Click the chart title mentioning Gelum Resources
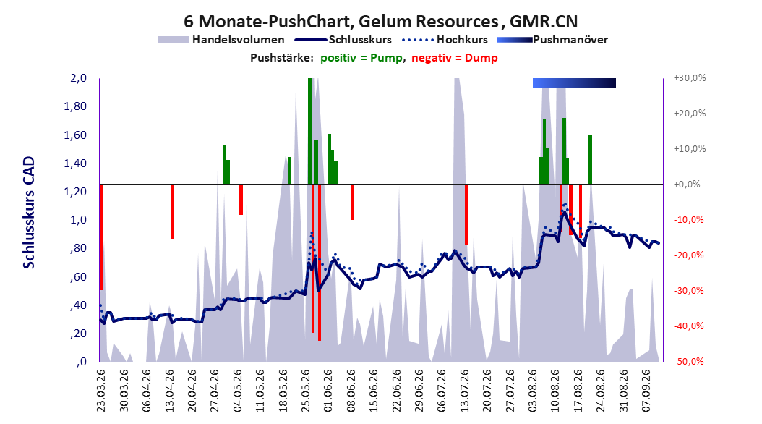pyautogui.click(x=380, y=22)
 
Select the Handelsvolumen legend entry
pyautogui.click(x=221, y=40)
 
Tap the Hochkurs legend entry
pyautogui.click(x=445, y=40)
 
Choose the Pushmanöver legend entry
pyautogui.click(x=552, y=40)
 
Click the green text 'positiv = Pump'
pyautogui.click(x=361, y=58)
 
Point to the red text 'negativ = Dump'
pyautogui.click(x=455, y=58)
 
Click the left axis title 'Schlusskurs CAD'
pyautogui.click(x=29, y=213)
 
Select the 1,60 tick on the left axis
pyautogui.click(x=75, y=135)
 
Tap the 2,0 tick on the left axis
pyautogui.click(x=78, y=78)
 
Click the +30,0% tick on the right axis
pyautogui.click(x=690, y=78)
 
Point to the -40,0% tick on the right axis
pyautogui.click(x=688, y=326)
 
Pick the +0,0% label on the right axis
pyautogui.click(x=687, y=185)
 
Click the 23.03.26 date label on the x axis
pyautogui.click(x=100, y=391)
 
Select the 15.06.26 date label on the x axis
pyautogui.click(x=373, y=391)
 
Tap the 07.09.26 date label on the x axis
pyautogui.click(x=646, y=391)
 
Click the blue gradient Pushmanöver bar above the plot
pyautogui.click(x=575, y=82)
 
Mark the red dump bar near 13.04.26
pyautogui.click(x=173, y=212)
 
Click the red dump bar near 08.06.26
pyautogui.click(x=352, y=203)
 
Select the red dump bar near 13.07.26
pyautogui.click(x=466, y=214)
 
